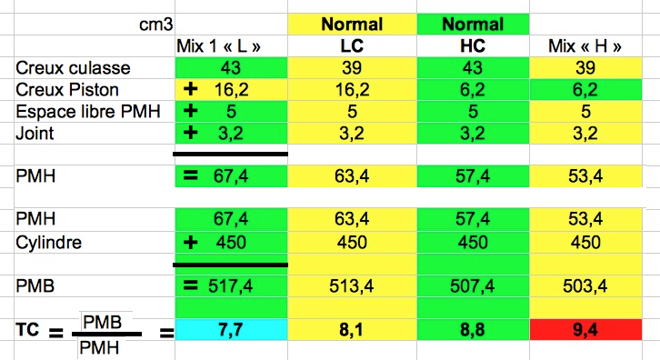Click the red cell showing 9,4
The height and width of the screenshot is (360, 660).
point(585,329)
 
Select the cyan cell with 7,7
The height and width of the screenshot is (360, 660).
point(231,329)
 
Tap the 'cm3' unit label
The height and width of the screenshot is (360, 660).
point(155,25)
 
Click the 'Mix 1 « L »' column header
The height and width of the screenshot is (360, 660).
point(218,45)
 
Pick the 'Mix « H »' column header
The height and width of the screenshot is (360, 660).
point(585,45)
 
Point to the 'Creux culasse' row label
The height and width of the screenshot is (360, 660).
point(73,68)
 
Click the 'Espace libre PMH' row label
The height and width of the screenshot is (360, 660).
point(88,112)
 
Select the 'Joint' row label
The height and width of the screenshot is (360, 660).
point(35,134)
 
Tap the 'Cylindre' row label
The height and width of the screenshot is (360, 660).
point(48,243)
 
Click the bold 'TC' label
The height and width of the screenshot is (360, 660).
point(27,329)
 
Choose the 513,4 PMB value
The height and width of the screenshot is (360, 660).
point(352,286)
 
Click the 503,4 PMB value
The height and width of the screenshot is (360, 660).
point(585,286)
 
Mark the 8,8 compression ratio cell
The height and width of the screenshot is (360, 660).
point(473,329)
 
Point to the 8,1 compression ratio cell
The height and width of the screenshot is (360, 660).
point(352,329)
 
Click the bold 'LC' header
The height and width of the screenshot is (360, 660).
point(352,45)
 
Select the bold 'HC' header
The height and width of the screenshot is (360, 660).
point(473,45)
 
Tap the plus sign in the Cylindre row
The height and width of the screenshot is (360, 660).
point(191,242)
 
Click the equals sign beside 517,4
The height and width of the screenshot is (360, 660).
point(191,285)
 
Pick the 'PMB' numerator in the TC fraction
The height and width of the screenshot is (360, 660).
point(103,322)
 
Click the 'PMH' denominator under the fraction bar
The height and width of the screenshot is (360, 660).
point(99,348)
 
